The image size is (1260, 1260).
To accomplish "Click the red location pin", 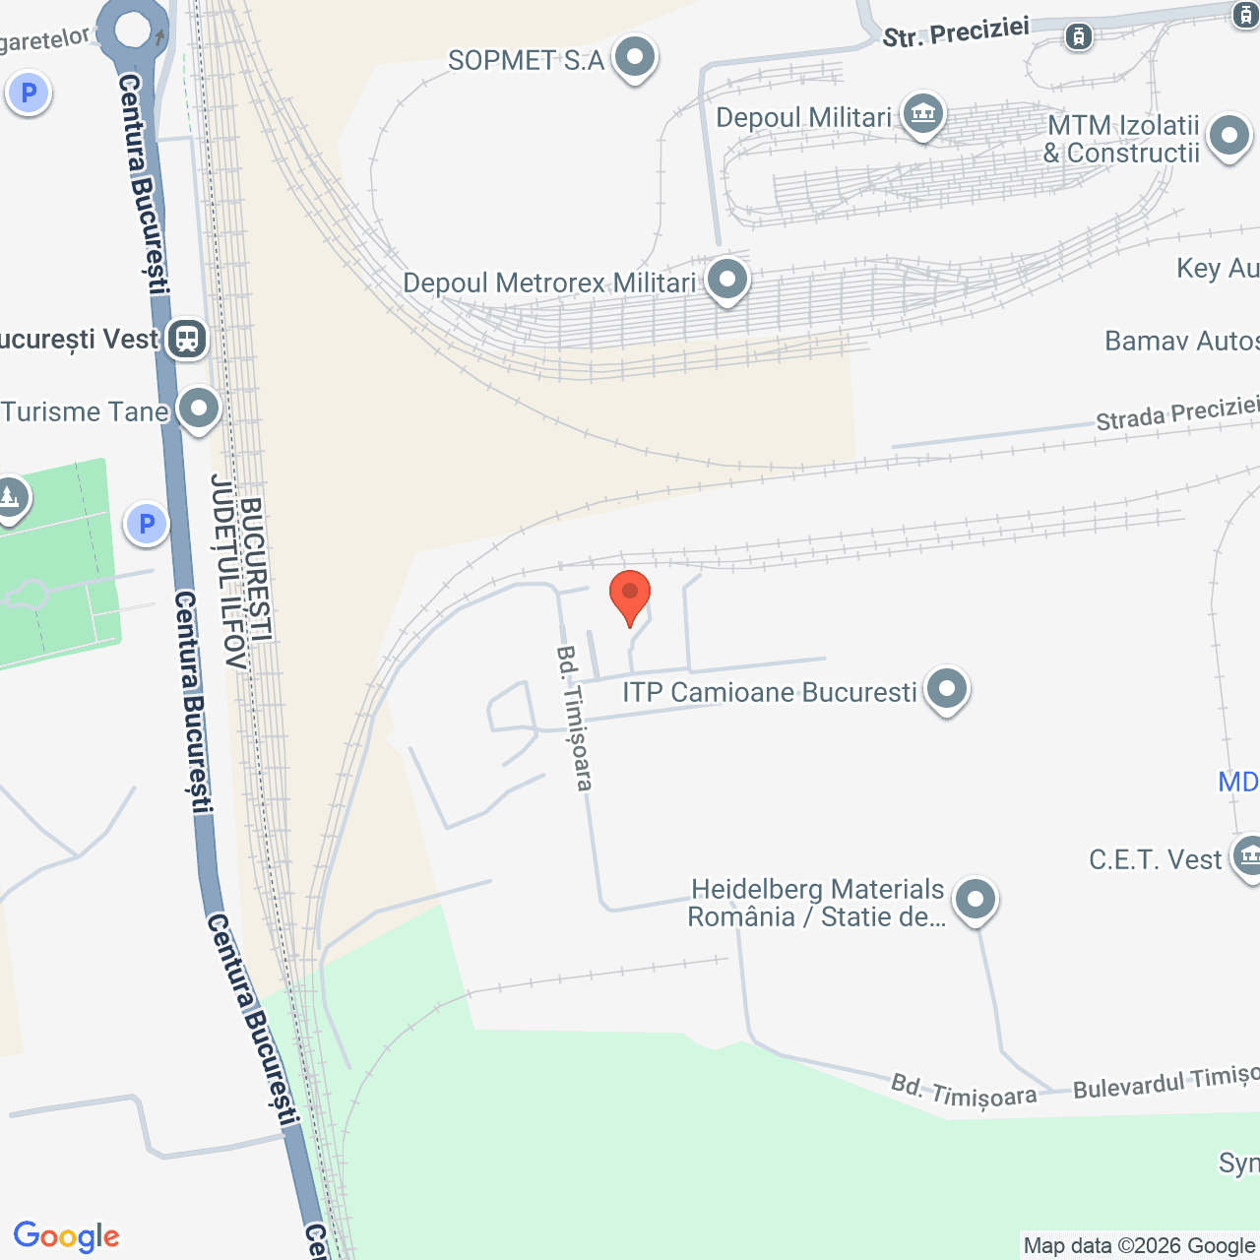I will pos(630,595).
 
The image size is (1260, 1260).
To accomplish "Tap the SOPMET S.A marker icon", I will pos(635,57).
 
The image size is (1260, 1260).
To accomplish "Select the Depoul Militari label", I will pos(803,118).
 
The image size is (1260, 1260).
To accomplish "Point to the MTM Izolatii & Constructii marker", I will pos(1228,136).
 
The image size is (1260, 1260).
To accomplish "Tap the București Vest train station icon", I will pos(186,339).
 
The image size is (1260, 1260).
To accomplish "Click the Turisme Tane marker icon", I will pos(199,408).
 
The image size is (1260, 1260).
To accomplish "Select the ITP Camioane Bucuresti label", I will pos(769,692).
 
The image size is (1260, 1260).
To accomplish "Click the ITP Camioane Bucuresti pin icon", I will pos(947,688).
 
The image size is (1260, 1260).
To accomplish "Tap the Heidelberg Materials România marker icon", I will pos(976,899).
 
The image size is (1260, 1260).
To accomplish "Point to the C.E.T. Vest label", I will pos(1155,859).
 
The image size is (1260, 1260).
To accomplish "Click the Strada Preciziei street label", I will pos(1177,414).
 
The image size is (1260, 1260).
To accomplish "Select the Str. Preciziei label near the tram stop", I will pos(955,32).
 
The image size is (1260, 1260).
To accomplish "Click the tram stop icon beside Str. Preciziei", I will pos(1079,37).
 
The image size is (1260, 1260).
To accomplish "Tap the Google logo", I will pos(67,1236).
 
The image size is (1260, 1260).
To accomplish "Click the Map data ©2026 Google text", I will pos(1139,1246).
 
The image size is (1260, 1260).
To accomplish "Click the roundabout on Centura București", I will pos(133,29).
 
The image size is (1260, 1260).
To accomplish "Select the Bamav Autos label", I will pos(1181,341).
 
